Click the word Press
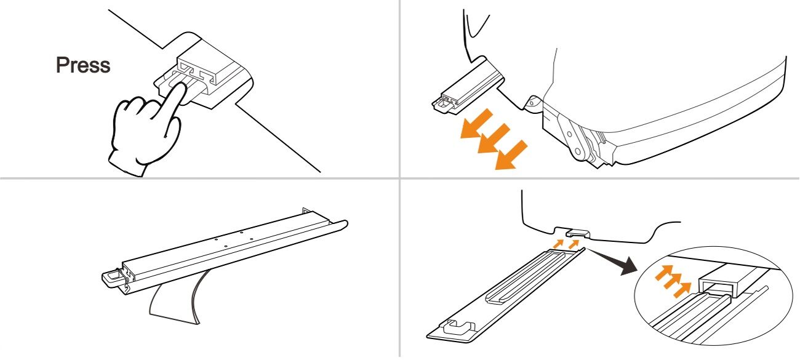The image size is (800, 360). (x=83, y=65)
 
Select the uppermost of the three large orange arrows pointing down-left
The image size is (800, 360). (x=476, y=124)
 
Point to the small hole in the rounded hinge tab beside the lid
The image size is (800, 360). (x=532, y=103)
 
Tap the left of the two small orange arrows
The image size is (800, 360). (x=558, y=244)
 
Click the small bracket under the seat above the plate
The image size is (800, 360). (x=578, y=233)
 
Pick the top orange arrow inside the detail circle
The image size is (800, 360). (x=665, y=274)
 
